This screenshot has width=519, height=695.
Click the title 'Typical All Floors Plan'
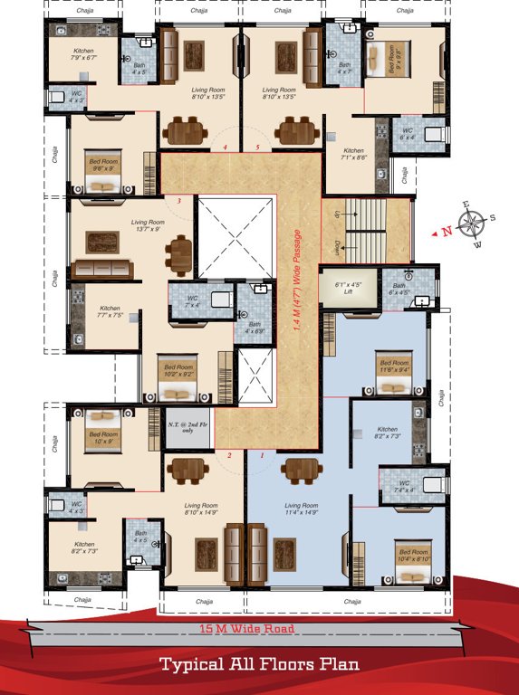click(259, 665)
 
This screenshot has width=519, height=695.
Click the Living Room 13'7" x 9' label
click(145, 225)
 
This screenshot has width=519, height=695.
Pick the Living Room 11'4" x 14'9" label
click(300, 509)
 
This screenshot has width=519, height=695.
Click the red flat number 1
click(262, 455)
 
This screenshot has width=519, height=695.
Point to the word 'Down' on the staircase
click(338, 246)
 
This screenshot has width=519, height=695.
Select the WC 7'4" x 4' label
click(406, 486)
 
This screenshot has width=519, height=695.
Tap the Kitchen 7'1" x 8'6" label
click(353, 155)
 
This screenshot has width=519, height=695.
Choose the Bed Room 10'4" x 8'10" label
click(413, 555)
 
